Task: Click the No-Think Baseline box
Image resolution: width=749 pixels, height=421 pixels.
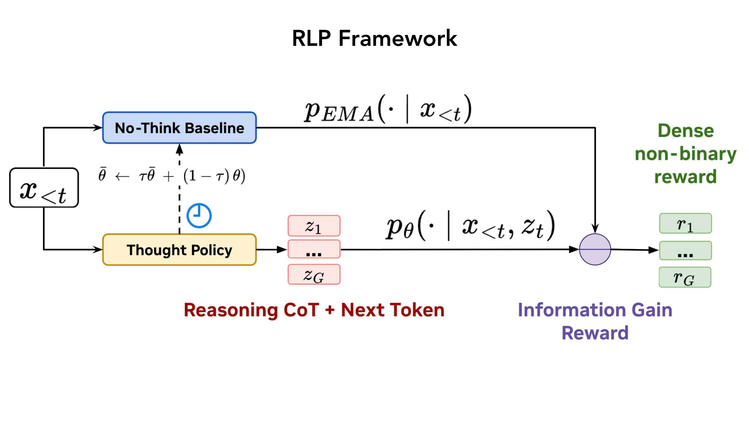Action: pos(179,128)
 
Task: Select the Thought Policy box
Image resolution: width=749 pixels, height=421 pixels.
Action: pos(179,250)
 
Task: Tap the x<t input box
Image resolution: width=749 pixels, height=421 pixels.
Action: pos(44,188)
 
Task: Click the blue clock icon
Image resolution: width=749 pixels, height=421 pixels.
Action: pos(199,215)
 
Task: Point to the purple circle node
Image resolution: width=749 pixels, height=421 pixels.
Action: pos(595,249)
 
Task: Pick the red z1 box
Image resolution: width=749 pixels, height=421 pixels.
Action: pos(314,226)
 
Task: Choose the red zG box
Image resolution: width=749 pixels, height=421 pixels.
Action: pos(314,274)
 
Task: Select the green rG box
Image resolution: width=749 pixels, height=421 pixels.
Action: pos(685,277)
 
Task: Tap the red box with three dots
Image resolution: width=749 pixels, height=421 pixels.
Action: pos(314,249)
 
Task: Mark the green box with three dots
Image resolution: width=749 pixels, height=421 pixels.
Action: pos(685,251)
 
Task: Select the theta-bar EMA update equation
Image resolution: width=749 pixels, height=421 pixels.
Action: pos(172,176)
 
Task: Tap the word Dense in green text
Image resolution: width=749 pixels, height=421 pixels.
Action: pos(686,131)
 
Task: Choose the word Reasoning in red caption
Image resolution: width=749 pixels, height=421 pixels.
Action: pos(231,310)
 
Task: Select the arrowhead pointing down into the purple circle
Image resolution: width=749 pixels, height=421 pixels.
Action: pos(595,229)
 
